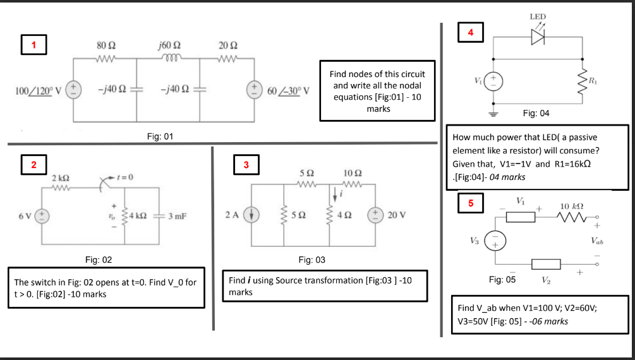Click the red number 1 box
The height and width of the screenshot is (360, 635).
[33, 45]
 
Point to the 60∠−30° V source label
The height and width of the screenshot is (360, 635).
[288, 91]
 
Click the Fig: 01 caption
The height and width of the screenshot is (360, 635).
[160, 136]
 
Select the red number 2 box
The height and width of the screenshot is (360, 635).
[33, 164]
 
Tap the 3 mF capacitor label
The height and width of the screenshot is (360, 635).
[178, 216]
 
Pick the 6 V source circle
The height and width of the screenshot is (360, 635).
[42, 216]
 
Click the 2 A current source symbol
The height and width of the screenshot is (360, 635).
[251, 215]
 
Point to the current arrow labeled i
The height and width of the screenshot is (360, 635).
[335, 195]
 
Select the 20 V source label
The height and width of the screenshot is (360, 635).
[396, 215]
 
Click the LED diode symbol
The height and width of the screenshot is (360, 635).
[538, 37]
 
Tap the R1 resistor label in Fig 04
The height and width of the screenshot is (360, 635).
[593, 80]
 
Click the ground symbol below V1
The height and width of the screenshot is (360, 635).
[493, 114]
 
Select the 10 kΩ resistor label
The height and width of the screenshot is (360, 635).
[572, 207]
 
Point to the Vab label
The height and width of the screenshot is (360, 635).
[597, 241]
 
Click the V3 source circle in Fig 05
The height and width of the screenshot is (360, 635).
[495, 241]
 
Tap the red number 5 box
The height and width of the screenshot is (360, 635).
[471, 203]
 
